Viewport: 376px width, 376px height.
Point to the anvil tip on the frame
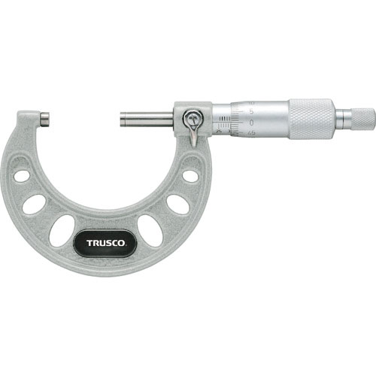(45, 118)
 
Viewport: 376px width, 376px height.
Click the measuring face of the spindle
(120, 118)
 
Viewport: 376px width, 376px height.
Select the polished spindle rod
(147, 118)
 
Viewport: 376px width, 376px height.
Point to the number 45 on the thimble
(253, 132)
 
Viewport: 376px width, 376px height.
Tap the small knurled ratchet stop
(362, 118)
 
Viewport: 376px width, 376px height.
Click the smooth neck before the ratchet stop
(342, 118)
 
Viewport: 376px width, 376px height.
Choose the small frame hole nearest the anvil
(22, 176)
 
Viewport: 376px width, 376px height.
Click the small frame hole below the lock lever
(190, 175)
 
